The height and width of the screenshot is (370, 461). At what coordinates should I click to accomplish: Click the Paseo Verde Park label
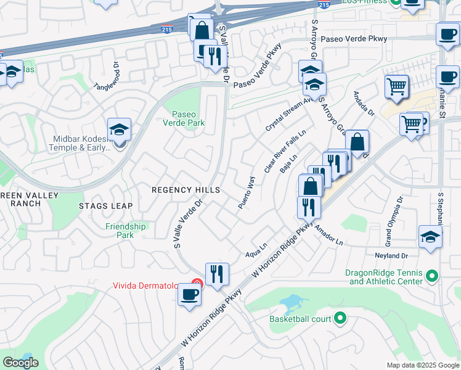(188, 118)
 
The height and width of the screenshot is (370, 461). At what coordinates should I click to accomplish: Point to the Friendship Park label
(125, 231)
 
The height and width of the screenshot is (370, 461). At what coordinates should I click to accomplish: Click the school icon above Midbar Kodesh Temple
(119, 129)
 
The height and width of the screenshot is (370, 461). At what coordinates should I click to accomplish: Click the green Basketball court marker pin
(339, 319)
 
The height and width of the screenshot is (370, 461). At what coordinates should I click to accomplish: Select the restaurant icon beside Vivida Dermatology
(217, 273)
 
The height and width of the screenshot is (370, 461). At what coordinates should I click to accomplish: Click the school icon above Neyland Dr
(430, 236)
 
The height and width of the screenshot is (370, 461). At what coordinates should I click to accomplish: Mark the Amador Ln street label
(328, 235)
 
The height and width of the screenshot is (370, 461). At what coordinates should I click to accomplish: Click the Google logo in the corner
(20, 362)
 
